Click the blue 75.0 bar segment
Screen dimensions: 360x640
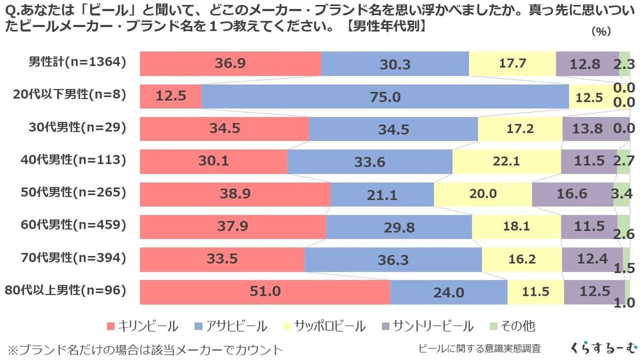[x=385, y=97]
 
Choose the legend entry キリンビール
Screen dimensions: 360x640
[x=142, y=325]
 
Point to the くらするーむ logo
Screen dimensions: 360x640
[x=603, y=348]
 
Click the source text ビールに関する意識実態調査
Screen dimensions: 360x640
[x=479, y=349]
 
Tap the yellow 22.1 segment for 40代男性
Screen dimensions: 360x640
[x=506, y=161]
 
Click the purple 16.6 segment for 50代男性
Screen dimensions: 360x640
[x=572, y=194]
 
